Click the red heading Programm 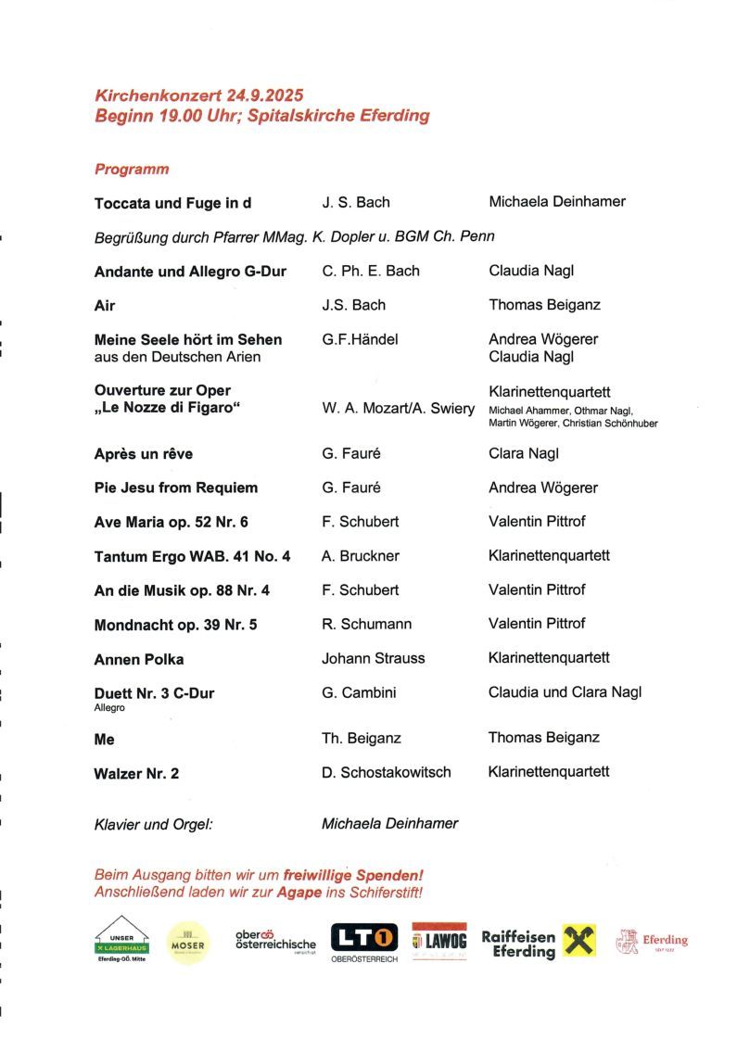(132, 170)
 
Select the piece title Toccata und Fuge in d (172, 203)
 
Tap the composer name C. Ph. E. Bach (371, 271)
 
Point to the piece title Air (105, 305)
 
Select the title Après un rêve (144, 454)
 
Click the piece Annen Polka (139, 659)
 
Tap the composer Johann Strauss (373, 658)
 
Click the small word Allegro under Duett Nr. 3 (109, 707)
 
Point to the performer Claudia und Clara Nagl (565, 691)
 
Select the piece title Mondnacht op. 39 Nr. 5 (175, 625)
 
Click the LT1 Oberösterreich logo (364, 942)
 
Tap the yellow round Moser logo (188, 943)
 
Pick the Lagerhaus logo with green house (121, 939)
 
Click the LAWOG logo (439, 942)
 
